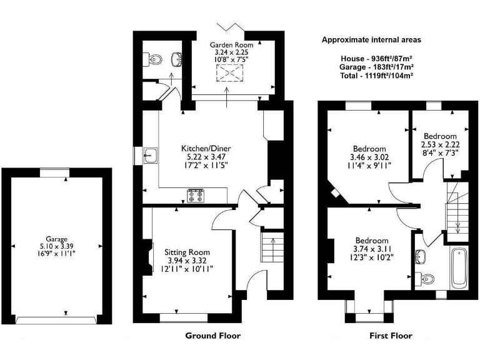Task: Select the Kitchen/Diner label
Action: tap(202, 148)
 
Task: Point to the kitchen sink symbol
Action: tap(150, 156)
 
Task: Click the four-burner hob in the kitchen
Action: tap(196, 196)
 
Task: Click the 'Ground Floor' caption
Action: tap(212, 336)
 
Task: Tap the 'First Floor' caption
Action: tap(391, 336)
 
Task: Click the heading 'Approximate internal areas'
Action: tap(371, 39)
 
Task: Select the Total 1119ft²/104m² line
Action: tap(371, 75)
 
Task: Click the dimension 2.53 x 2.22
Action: tap(440, 144)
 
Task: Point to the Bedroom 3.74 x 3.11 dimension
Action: tap(371, 249)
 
